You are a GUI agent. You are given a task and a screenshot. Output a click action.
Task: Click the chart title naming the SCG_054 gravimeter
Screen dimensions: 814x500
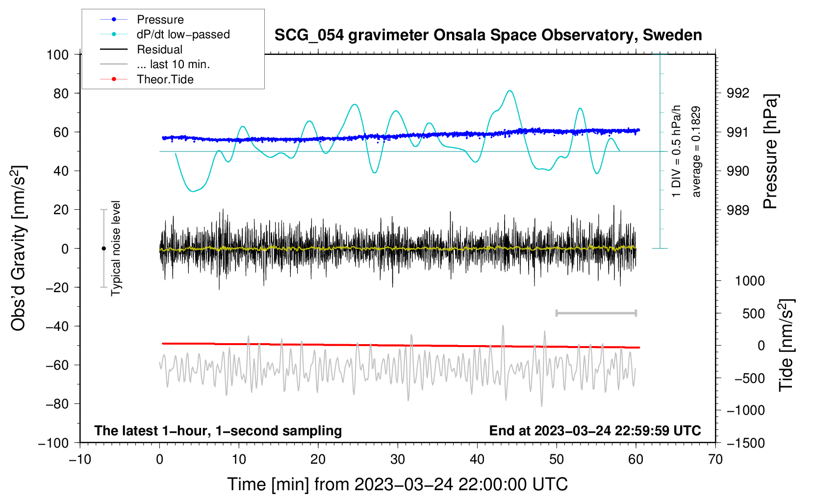click(x=488, y=35)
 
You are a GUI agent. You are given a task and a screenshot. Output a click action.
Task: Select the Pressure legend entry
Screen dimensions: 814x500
click(x=142, y=19)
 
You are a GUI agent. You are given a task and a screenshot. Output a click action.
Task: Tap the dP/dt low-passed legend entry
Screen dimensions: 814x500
click(x=165, y=34)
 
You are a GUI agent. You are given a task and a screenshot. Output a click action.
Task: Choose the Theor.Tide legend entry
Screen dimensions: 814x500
click(x=147, y=79)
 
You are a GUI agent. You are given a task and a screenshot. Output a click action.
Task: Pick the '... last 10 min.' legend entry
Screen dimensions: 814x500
click(x=155, y=64)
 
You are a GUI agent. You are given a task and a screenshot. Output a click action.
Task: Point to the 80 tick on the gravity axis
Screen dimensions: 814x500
click(x=61, y=94)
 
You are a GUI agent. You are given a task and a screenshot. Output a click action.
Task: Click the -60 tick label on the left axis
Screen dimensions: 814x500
click(x=57, y=365)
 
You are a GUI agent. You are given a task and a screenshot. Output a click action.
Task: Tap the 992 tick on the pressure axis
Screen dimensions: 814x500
click(x=738, y=94)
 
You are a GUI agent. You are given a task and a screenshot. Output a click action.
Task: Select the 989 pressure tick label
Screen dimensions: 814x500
click(x=738, y=210)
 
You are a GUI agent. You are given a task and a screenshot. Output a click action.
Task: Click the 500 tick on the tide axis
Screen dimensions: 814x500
click(x=753, y=313)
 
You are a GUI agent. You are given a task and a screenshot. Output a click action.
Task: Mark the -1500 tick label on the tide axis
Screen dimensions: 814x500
click(x=746, y=443)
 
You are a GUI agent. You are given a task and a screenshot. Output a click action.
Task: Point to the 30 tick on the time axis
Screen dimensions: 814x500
click(x=398, y=459)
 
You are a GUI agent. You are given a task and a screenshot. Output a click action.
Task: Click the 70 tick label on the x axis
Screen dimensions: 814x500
click(x=715, y=459)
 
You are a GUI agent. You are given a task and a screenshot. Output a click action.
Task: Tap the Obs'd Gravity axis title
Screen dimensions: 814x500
click(x=18, y=248)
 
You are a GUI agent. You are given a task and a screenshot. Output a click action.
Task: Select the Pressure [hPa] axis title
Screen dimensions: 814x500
click(x=770, y=151)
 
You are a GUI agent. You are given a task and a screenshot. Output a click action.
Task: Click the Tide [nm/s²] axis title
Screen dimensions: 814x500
click(x=787, y=345)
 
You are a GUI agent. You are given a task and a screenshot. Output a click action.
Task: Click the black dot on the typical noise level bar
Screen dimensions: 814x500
click(x=103, y=249)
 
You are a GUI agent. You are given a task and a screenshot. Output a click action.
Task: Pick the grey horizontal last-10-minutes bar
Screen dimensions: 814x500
click(x=596, y=313)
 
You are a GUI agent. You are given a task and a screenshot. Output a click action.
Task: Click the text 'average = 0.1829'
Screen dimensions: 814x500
click(x=695, y=151)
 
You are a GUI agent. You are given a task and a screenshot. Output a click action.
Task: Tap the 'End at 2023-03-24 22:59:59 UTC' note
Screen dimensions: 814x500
click(x=595, y=430)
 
